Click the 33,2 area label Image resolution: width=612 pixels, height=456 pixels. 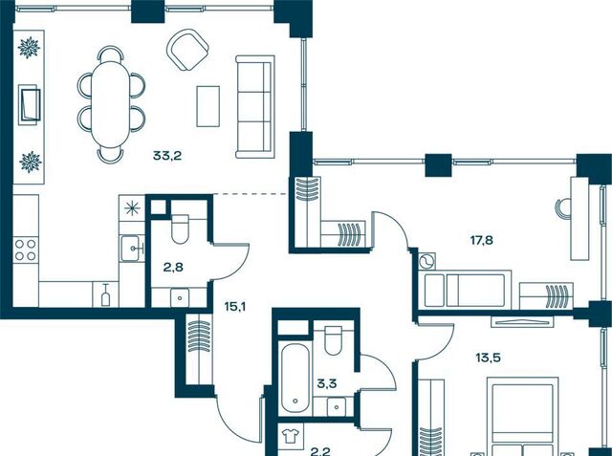tap(167, 156)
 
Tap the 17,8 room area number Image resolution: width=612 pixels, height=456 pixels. tap(482, 240)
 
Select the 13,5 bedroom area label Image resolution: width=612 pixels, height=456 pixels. tap(489, 358)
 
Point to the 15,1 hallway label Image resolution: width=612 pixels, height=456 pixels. tap(235, 307)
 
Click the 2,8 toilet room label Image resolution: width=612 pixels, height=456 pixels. tap(173, 268)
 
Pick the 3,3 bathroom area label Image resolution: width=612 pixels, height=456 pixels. tap(327, 384)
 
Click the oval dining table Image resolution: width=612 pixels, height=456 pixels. tap(111, 104)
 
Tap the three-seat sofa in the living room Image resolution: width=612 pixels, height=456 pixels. tap(255, 106)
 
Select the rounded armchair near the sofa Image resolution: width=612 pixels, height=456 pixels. tap(187, 50)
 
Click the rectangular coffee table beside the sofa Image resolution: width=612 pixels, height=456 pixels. tap(208, 106)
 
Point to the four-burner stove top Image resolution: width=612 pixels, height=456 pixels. tap(26, 250)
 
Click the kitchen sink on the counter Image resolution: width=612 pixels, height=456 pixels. tap(131, 249)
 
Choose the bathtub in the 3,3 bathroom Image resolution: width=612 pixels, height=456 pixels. tap(295, 378)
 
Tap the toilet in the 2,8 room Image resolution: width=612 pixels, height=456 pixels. tap(180, 229)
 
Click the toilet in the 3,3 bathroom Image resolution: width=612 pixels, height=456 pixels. tap(334, 340)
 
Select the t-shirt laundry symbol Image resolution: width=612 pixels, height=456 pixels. tap(290, 435)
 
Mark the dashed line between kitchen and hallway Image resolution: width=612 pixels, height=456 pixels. tap(251, 194)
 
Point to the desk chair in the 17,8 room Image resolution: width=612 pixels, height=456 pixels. tap(562, 206)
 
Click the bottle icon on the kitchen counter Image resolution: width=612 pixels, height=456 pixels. tap(105, 294)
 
